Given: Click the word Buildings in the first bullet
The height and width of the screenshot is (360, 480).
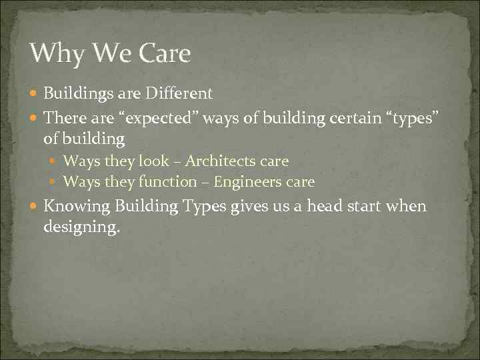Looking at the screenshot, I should [76, 93].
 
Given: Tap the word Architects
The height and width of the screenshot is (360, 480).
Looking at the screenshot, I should [219, 161].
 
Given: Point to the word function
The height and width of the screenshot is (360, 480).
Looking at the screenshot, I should [171, 181].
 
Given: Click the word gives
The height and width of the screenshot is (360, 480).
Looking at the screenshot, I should [249, 207].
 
